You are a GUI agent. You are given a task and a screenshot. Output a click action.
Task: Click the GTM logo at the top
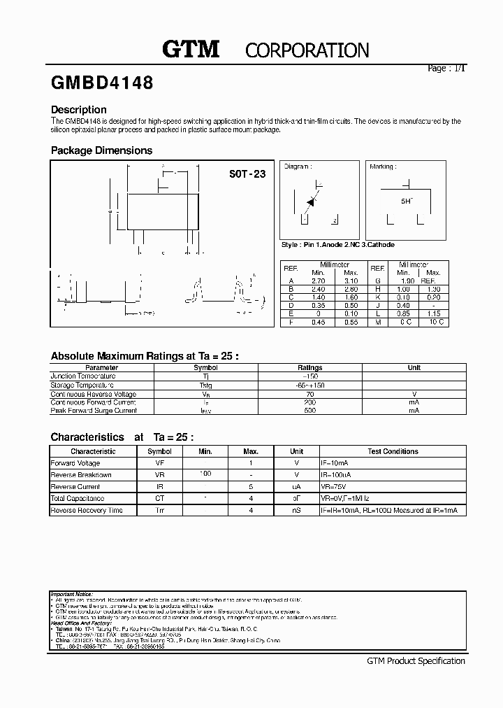coord(191,49)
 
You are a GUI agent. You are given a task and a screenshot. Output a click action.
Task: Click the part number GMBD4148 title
coord(102,83)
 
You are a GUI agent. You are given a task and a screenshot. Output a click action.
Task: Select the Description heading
coord(79,110)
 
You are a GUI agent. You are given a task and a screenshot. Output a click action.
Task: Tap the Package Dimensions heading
coord(101,150)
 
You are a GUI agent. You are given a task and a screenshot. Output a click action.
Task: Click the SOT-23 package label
coord(248,174)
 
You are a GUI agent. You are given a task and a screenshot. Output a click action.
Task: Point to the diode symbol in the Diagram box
coord(312,201)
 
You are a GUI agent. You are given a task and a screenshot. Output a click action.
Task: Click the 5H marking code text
coord(406,201)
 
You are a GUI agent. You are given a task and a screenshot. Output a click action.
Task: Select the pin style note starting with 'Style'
coord(337,245)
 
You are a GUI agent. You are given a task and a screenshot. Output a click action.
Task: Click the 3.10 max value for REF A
coord(351,281)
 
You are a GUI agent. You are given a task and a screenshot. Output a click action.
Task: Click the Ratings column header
coord(309,367)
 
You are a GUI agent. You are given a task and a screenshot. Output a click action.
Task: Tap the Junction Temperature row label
coord(83,376)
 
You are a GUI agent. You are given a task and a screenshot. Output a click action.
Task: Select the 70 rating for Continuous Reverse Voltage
coord(309,394)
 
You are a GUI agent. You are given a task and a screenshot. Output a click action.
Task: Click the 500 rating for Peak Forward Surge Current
coord(309,411)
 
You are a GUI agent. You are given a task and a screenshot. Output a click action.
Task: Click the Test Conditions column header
coord(393,451)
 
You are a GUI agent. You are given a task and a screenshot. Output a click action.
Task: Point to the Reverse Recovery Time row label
coord(87,511)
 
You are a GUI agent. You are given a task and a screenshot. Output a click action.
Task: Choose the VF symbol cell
coord(159,463)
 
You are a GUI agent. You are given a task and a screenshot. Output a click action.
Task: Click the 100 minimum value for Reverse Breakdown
coord(205,474)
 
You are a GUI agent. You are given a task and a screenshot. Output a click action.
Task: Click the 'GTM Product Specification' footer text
coord(416,661)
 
